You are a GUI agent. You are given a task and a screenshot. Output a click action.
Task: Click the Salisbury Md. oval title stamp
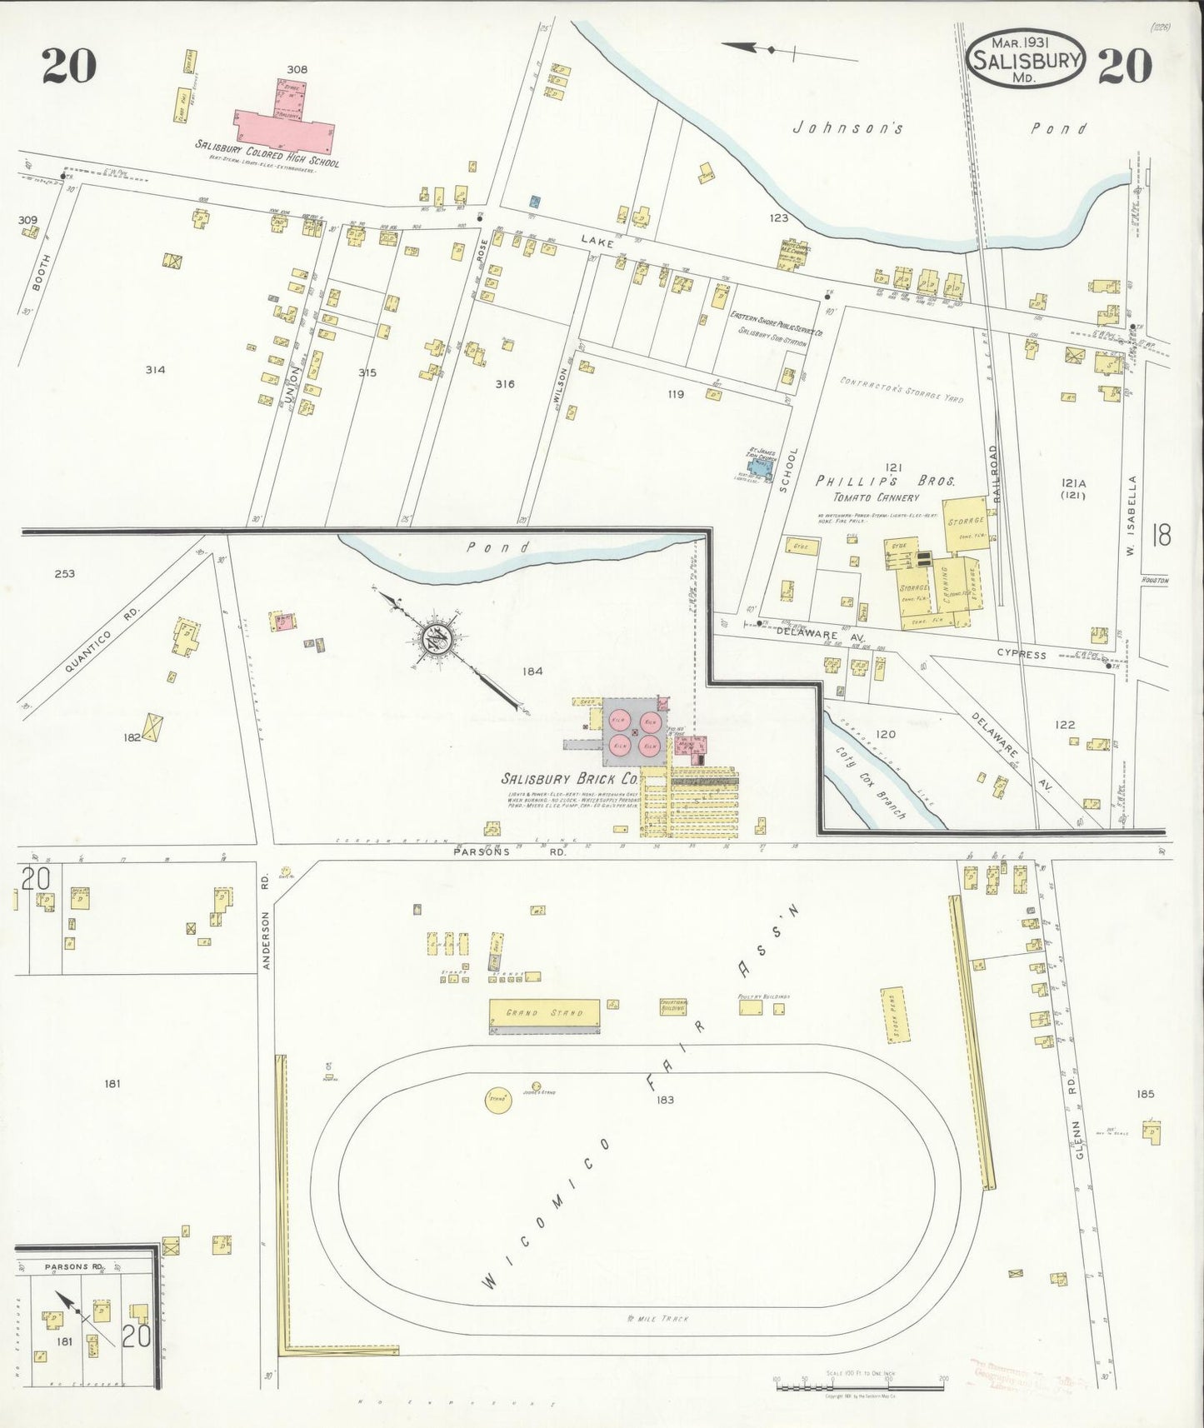(1027, 60)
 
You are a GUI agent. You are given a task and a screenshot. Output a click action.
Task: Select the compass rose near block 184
(437, 639)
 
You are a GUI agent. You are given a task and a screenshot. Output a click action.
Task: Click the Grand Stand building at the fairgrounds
(544, 1012)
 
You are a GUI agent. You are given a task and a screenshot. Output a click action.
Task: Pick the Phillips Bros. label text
(885, 482)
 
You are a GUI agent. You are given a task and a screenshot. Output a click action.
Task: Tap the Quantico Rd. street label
(102, 642)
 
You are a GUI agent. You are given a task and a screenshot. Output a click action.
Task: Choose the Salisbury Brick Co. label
(570, 779)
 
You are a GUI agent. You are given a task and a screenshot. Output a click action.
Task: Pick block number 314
(155, 370)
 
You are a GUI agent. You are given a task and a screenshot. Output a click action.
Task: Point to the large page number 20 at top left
(69, 67)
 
